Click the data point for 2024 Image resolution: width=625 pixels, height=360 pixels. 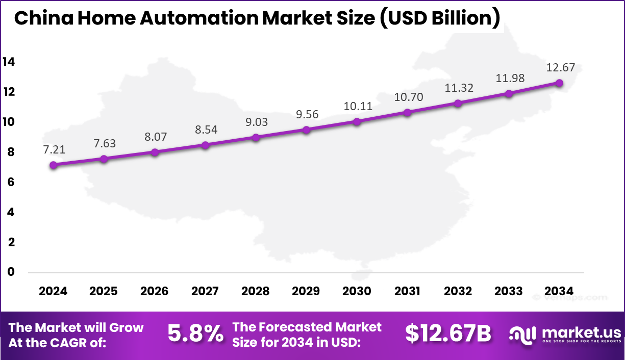(x=53, y=165)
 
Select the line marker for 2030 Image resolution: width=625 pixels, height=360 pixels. (x=357, y=121)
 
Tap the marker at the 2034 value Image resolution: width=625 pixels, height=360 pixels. (x=559, y=83)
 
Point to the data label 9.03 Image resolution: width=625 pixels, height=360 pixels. (x=256, y=122)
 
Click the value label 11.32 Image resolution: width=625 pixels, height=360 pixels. (x=458, y=88)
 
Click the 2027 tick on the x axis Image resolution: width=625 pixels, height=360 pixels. (x=205, y=291)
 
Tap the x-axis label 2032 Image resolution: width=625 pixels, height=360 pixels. (x=458, y=291)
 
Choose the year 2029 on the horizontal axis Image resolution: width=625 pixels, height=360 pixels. (x=306, y=291)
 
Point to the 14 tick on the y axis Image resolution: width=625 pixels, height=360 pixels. (x=9, y=62)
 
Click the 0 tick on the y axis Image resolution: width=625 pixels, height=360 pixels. (x=11, y=272)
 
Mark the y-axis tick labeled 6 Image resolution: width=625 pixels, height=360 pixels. (x=11, y=182)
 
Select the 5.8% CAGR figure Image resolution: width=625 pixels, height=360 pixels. (x=195, y=334)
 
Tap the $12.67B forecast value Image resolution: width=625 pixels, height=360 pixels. (x=448, y=334)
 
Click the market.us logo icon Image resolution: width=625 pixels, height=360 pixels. (x=522, y=334)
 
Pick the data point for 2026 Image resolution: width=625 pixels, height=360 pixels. (x=155, y=152)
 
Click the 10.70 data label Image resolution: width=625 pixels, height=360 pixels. (x=408, y=97)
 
